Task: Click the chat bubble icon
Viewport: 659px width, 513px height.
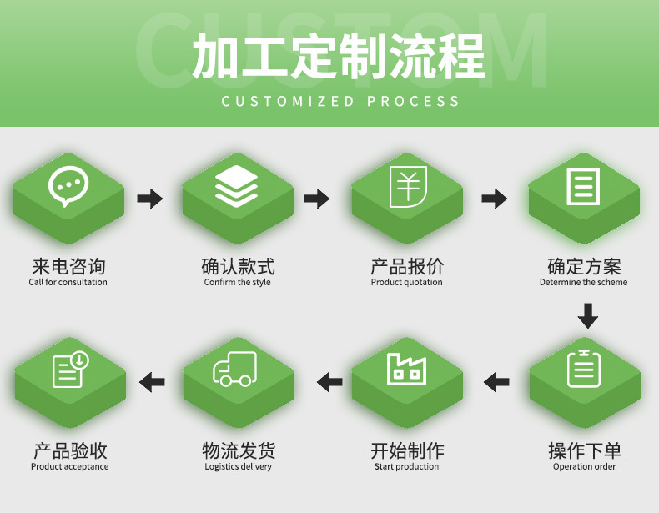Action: click(68, 187)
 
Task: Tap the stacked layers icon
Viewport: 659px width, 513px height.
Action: click(237, 187)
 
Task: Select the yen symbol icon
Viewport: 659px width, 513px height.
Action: click(407, 187)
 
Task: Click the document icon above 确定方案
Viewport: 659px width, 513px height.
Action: click(583, 187)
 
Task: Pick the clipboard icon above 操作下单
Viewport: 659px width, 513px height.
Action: click(584, 368)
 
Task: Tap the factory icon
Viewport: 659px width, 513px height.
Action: click(406, 368)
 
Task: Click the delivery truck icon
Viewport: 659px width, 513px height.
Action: click(235, 369)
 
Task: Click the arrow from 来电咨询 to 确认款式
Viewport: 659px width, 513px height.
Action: click(150, 199)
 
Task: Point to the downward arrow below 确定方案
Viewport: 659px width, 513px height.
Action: click(588, 316)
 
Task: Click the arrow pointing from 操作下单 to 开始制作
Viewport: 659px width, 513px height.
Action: click(497, 382)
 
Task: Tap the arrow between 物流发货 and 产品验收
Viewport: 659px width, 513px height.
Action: click(152, 382)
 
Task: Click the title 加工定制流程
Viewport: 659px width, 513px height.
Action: click(339, 57)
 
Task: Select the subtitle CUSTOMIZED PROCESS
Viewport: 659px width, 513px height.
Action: click(340, 101)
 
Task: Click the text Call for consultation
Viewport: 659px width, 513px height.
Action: click(68, 282)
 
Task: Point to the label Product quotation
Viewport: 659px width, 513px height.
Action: click(407, 282)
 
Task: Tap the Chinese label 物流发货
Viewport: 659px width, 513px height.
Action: click(239, 451)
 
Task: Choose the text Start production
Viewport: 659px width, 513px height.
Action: click(407, 466)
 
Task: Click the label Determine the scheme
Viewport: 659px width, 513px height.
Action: click(583, 282)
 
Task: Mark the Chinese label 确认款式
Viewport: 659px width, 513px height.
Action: click(238, 267)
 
